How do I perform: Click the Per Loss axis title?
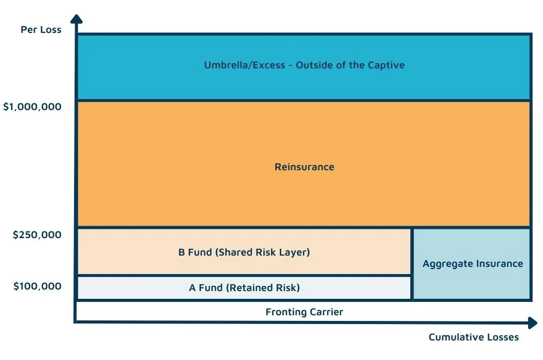click(x=41, y=29)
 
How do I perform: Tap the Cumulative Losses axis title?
click(x=473, y=337)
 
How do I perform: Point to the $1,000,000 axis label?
click(x=32, y=107)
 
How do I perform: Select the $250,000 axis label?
click(x=37, y=235)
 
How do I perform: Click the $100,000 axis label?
click(x=37, y=286)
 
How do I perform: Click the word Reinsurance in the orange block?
click(x=304, y=167)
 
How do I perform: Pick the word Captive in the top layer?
click(x=386, y=65)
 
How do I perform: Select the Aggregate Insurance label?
click(x=473, y=264)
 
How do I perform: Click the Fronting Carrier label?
click(x=304, y=312)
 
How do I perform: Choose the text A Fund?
click(x=206, y=288)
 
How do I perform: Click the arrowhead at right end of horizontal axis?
click(x=532, y=322)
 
